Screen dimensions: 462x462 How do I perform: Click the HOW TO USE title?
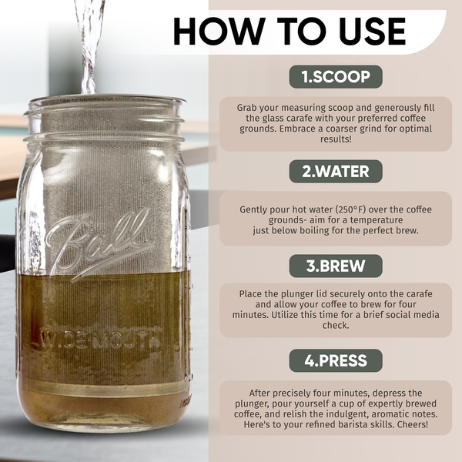tap(289, 31)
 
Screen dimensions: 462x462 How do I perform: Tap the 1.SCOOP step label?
tap(335, 77)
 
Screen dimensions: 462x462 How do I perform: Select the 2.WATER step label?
tap(335, 171)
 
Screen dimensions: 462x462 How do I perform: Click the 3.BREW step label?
tap(335, 266)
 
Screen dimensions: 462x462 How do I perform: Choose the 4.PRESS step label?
tap(335, 360)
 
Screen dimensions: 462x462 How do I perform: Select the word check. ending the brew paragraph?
tap(335, 325)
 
